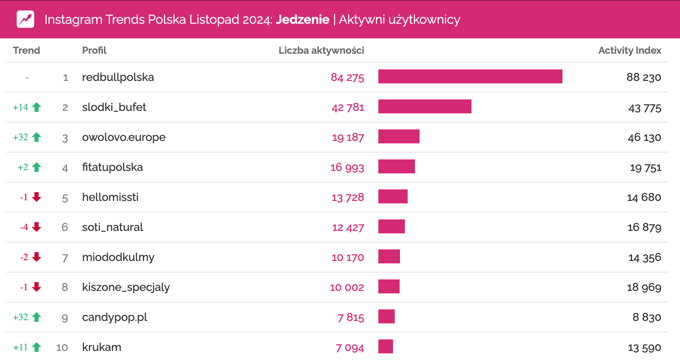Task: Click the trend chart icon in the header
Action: [x=25, y=19]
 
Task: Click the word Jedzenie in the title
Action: [x=302, y=20]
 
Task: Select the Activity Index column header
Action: [x=629, y=50]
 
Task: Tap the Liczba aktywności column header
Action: [x=321, y=50]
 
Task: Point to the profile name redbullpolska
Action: [x=118, y=77]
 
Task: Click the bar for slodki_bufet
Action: [x=424, y=106]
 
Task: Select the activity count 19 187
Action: [x=348, y=137]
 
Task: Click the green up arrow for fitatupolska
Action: [x=37, y=167]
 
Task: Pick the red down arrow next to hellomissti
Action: [x=37, y=197]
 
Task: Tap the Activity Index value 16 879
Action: [x=644, y=227]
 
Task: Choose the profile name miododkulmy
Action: [x=118, y=257]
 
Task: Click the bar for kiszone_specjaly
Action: [x=389, y=286]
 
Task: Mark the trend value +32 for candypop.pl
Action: [x=21, y=317]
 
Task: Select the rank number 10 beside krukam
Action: [x=62, y=347]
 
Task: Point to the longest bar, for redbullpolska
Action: [x=470, y=76]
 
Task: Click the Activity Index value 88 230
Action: [x=643, y=77]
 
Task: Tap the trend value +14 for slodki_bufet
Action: [x=21, y=107]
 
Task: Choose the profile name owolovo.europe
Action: [x=124, y=137]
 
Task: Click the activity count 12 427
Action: [x=348, y=227]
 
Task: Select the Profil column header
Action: [x=94, y=50]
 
